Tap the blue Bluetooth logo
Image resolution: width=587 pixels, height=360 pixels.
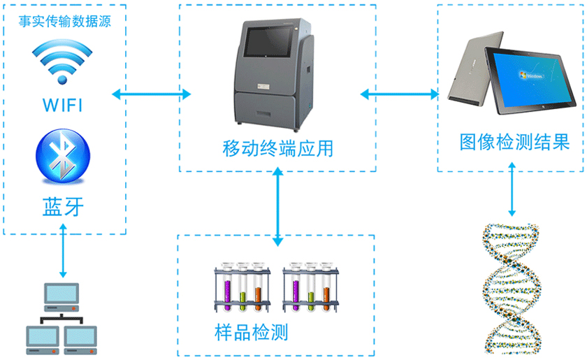(64, 158)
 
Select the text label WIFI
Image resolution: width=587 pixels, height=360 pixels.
(63, 106)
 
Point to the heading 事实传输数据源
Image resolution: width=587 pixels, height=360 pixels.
(64, 20)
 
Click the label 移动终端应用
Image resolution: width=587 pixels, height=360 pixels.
(277, 149)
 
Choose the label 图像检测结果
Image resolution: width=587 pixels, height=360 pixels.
(515, 142)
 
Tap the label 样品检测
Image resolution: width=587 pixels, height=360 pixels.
(252, 331)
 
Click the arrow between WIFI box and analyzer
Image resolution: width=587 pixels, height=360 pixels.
(152, 93)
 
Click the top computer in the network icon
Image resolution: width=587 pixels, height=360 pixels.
(61, 297)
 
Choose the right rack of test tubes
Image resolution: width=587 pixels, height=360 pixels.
(311, 288)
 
